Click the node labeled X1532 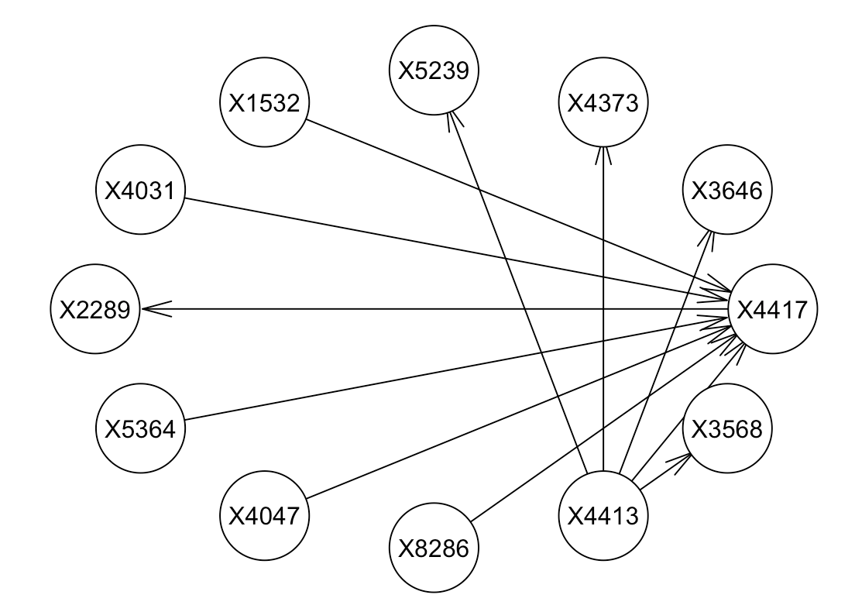[265, 103]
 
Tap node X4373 [603, 103]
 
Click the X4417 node [772, 309]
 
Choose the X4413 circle [603, 515]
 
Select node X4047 [265, 515]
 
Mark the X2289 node [96, 309]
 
